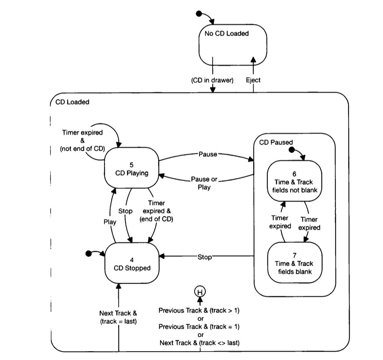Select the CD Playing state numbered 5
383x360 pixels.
[131, 168]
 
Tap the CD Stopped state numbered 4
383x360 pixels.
[131, 263]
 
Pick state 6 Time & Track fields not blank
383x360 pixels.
[294, 181]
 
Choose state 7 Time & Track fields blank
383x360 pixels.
[294, 263]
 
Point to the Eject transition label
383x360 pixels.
[253, 80]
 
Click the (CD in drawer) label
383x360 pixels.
[212, 80]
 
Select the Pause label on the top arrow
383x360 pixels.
[208, 154]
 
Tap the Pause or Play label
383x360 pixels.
[204, 183]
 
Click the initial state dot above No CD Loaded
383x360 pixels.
[198, 14]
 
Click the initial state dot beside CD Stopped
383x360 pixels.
[88, 253]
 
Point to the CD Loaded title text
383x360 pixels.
[72, 102]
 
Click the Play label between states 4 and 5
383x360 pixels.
[110, 222]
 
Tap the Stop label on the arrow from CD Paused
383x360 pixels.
[205, 257]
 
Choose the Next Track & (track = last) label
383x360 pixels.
[118, 317]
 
